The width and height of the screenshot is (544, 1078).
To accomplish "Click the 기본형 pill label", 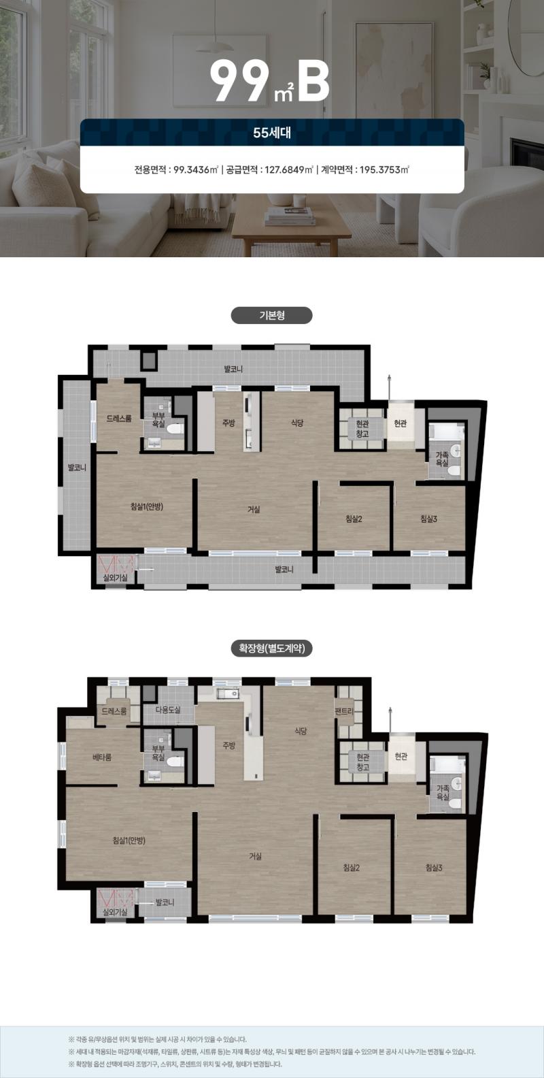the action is [272, 315].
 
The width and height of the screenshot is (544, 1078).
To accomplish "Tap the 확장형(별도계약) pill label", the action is [272, 649].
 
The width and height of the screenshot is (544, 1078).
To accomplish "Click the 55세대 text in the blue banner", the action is [272, 132].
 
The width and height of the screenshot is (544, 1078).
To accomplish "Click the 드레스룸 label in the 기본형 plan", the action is [119, 419].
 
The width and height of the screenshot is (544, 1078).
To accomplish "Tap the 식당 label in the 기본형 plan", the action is [297, 423].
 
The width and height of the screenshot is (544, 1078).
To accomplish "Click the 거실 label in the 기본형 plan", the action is [254, 509].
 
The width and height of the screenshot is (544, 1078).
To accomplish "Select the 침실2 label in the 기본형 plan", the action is [354, 519].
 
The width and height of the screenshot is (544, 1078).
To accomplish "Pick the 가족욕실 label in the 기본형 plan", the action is [442, 459].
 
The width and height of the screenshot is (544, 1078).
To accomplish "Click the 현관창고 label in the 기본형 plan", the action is [362, 428].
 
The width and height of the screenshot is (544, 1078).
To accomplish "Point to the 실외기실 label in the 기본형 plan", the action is [116, 578].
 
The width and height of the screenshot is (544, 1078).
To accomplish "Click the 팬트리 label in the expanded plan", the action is [344, 711].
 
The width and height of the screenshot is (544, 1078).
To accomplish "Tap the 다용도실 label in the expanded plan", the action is [168, 710].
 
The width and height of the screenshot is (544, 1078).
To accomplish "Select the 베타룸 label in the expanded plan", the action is [102, 757].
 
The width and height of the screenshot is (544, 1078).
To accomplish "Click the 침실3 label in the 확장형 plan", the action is [434, 867].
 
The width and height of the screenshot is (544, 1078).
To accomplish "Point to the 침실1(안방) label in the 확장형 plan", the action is [129, 840].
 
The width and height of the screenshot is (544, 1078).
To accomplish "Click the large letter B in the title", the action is [313, 82].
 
